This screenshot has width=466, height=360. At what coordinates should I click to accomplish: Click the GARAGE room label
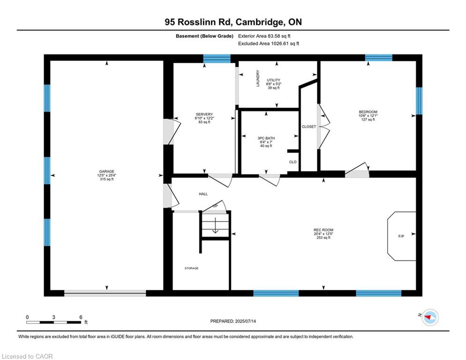tap(107, 172)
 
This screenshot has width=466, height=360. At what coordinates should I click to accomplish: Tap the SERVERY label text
tap(204, 114)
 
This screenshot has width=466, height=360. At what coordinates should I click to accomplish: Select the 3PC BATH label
tap(266, 138)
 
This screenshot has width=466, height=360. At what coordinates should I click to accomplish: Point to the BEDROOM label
tap(368, 112)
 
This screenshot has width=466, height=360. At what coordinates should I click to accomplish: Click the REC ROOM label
tap(323, 230)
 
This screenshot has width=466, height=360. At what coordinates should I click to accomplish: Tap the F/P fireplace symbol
tap(401, 236)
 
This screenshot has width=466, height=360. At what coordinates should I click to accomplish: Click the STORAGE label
tap(191, 268)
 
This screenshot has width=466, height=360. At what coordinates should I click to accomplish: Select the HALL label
tap(203, 194)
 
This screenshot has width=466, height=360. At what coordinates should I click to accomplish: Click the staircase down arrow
tap(215, 227)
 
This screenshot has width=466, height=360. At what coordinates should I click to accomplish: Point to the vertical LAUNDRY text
tap(258, 78)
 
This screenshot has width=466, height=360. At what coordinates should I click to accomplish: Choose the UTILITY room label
tap(274, 80)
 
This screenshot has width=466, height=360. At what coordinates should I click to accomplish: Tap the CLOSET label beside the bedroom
tap(309, 127)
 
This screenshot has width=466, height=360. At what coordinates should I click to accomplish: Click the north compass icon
tap(430, 317)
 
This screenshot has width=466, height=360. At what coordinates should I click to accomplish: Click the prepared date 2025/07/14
tap(233, 321)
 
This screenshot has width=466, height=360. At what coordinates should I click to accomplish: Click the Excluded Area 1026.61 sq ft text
tap(268, 43)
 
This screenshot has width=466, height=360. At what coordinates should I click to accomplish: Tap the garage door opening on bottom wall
tap(105, 293)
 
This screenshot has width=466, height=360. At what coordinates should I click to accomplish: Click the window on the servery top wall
tap(217, 58)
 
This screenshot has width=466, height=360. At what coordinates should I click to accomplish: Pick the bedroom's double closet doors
tap(323, 127)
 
